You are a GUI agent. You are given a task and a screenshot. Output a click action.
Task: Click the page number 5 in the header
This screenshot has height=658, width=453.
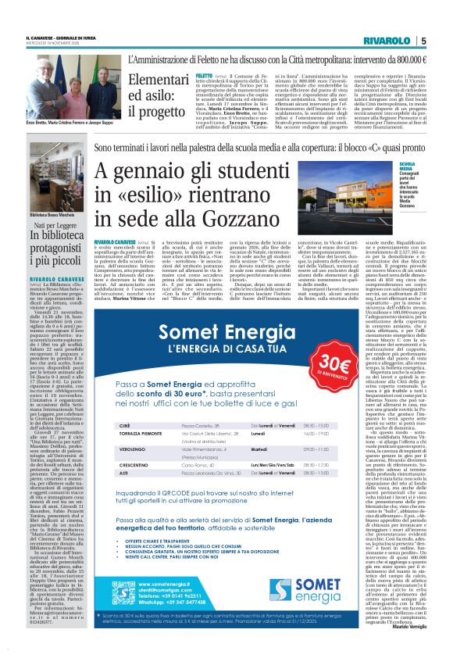(x=423, y=41)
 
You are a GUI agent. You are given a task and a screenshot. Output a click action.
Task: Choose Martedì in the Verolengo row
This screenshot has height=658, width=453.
(x=261, y=449)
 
